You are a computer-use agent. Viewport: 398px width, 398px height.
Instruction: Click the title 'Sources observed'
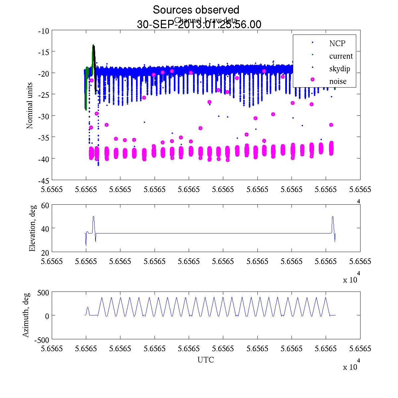[x=196, y=10]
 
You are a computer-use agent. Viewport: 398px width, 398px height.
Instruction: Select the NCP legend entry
[x=337, y=43]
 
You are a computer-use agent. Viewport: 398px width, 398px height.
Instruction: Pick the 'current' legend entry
[x=341, y=56]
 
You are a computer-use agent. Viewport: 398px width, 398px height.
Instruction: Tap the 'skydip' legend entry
[x=340, y=69]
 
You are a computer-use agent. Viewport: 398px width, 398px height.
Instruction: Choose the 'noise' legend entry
[x=338, y=81]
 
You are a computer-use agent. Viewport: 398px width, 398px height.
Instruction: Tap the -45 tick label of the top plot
[x=44, y=180]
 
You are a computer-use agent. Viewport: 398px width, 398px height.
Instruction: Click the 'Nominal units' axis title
[x=30, y=105]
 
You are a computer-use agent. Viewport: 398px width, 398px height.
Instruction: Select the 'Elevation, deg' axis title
[x=32, y=228]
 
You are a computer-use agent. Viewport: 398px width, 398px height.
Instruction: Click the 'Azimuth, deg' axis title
[x=26, y=315]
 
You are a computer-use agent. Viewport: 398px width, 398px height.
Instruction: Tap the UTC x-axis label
[x=206, y=360]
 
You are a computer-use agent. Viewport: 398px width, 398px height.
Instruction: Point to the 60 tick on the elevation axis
[x=45, y=205]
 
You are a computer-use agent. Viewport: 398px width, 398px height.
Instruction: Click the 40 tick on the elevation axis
[x=45, y=229]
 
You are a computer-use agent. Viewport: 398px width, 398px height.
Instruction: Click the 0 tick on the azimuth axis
[x=47, y=316]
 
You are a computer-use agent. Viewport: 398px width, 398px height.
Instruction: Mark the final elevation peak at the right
[x=333, y=217]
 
